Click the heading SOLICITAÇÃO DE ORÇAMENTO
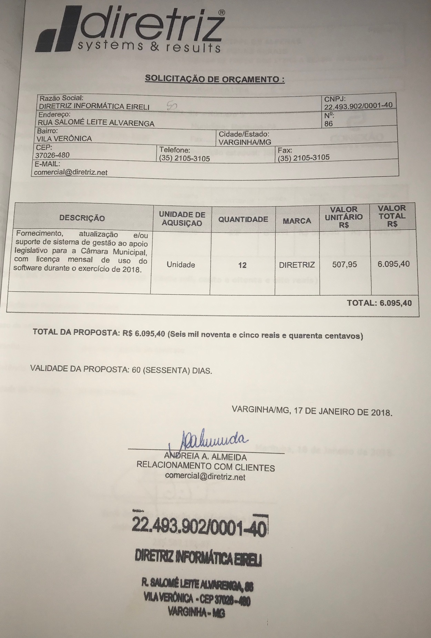click(215, 79)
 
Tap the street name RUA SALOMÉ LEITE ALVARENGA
click(96, 123)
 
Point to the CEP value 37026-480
click(52, 155)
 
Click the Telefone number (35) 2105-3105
click(184, 158)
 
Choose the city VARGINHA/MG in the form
click(245, 142)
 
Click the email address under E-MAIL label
click(71, 172)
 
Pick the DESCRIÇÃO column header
click(82, 218)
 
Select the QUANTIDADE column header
click(243, 219)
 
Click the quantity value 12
click(242, 265)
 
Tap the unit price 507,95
click(345, 265)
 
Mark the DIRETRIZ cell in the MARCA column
click(297, 265)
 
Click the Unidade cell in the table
click(181, 265)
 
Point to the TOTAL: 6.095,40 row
click(379, 303)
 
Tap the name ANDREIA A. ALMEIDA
click(206, 457)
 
